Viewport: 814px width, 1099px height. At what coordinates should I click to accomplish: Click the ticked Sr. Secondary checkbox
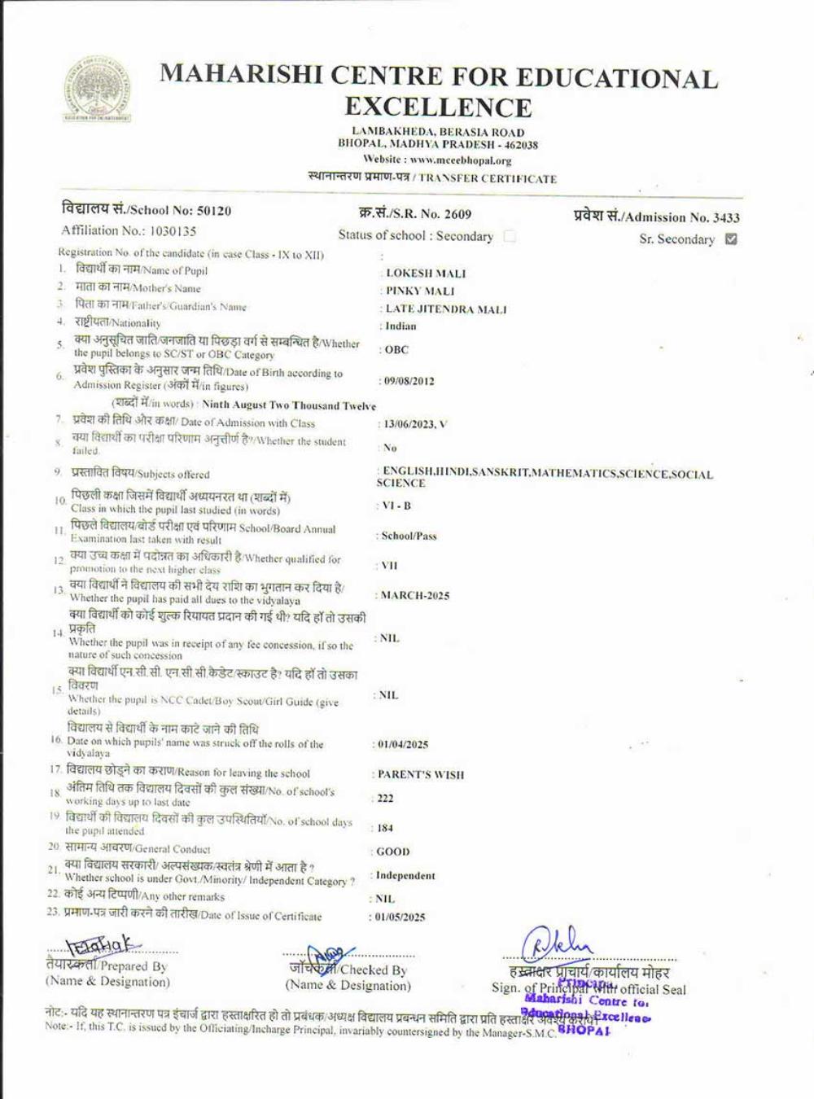731,239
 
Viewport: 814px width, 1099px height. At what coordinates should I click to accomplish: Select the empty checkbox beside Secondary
510,236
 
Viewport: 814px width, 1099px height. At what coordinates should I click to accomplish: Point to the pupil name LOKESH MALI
426,274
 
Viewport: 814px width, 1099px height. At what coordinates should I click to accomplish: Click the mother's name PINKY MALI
420,291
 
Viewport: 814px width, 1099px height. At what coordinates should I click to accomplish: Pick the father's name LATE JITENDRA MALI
445,309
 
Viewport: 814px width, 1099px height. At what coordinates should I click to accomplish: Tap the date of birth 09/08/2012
409,381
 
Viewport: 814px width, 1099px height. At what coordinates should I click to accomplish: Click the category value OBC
396,350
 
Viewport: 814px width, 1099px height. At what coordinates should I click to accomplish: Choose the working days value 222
385,799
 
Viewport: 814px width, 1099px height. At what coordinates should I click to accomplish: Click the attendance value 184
385,828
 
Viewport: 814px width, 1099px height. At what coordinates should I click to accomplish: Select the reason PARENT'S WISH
421,775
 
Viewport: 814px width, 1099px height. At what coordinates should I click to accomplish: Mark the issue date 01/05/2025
400,917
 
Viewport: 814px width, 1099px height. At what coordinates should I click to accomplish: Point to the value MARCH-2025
415,596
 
